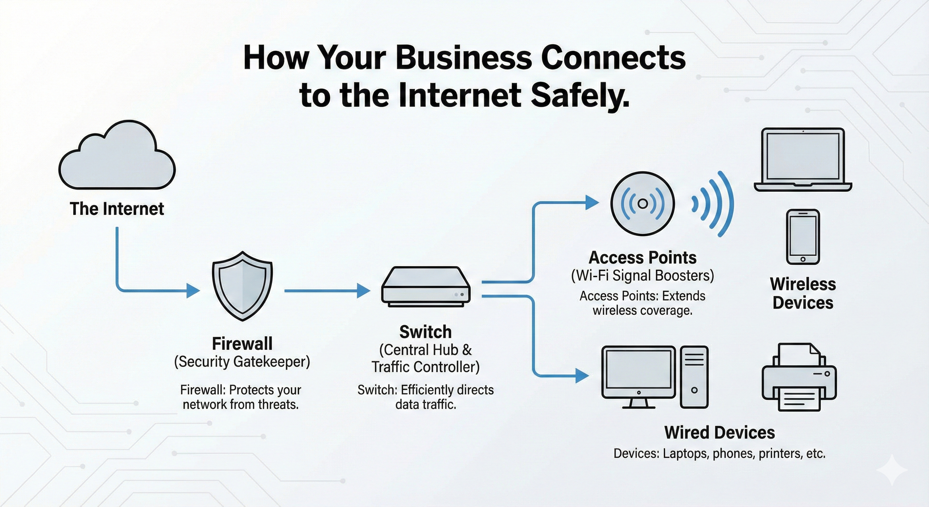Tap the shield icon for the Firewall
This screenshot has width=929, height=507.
[x=242, y=286]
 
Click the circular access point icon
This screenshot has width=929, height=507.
[x=642, y=204]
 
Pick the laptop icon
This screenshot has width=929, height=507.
[x=803, y=160]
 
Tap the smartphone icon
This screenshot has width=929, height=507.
[x=803, y=237]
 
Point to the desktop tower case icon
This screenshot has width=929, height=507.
[x=694, y=377]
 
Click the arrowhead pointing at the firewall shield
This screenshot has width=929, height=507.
[x=193, y=291]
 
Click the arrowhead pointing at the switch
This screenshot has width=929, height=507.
[x=363, y=291]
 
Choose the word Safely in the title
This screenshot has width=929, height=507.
[x=580, y=96]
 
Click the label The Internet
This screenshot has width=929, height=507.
[x=117, y=209]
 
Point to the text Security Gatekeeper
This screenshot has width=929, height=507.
[x=242, y=362]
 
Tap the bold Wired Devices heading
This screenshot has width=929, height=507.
[x=719, y=433]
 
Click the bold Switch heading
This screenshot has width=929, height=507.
[x=425, y=332]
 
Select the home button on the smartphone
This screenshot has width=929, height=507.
[x=803, y=259]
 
